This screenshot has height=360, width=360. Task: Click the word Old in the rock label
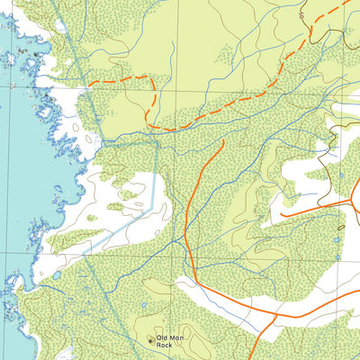coord(163,337)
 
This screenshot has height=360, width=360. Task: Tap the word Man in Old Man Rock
coord(176,337)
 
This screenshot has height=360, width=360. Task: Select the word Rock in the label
coord(163,345)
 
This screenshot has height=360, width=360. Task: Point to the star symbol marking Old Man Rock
coord(150,339)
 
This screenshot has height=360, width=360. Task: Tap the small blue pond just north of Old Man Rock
coord(143,304)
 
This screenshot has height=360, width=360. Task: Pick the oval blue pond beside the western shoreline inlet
coord(57,275)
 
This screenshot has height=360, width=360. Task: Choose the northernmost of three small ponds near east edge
coord(341,176)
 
